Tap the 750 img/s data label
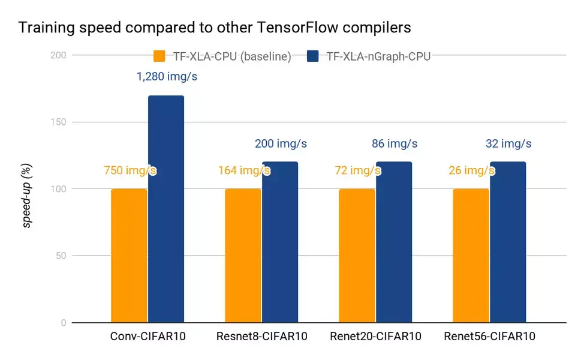tap(130, 170)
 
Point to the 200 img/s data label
tap(281, 144)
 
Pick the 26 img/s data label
tap(471, 170)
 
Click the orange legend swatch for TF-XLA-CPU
tap(159, 56)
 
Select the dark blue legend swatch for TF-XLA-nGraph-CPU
tap(312, 56)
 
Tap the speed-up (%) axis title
tap(27, 188)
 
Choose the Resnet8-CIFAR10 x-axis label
tap(261, 337)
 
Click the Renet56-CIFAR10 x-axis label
tap(489, 337)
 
